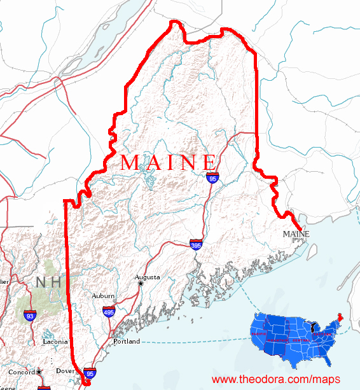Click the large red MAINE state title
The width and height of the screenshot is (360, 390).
[x=169, y=162]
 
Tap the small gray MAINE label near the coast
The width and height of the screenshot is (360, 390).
[x=296, y=234]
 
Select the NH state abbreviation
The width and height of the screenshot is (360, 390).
[x=50, y=282]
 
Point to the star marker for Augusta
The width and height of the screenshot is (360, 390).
[x=141, y=284]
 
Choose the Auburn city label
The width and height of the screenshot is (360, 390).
[x=103, y=296]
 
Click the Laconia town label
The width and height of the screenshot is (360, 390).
[x=55, y=342]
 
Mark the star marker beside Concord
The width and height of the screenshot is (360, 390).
[x=39, y=371]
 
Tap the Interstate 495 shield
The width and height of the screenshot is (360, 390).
[x=109, y=311]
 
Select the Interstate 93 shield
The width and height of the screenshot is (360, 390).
[x=29, y=315]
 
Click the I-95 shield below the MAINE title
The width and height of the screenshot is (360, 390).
[x=212, y=178]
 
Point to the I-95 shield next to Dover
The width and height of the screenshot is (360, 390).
[x=90, y=373]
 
